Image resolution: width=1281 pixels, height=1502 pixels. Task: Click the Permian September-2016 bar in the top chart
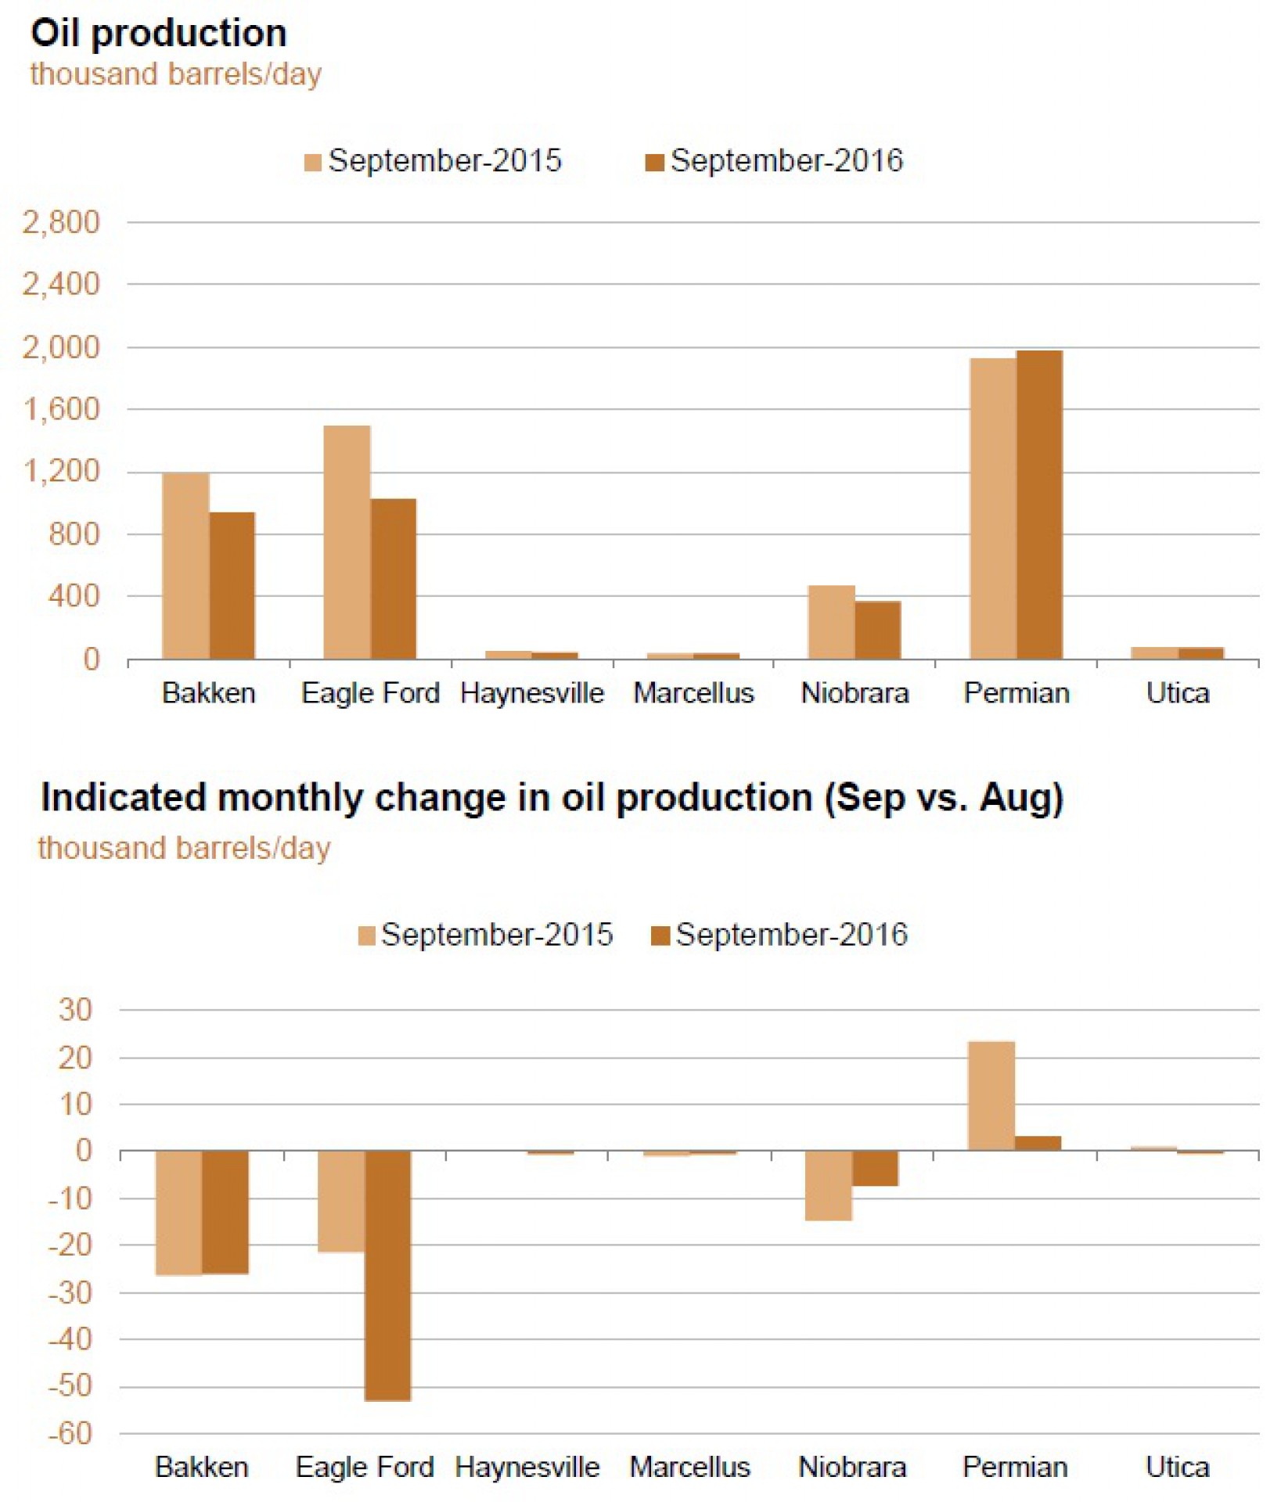[x=1039, y=505]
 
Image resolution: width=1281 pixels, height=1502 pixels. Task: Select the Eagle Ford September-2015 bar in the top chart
[x=347, y=542]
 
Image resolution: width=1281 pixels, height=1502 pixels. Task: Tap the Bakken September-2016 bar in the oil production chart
[x=232, y=585]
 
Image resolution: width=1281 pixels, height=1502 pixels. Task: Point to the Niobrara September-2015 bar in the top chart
[x=831, y=622]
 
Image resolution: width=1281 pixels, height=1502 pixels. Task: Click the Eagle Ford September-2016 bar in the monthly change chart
[x=388, y=1275]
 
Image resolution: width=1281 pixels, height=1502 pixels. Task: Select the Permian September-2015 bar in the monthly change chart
[x=991, y=1096]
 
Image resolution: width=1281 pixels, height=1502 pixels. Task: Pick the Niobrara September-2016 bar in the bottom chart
[x=876, y=1169]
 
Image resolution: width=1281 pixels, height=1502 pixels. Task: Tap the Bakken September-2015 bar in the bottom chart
[x=178, y=1213]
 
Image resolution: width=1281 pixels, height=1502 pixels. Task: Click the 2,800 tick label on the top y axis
[x=61, y=222]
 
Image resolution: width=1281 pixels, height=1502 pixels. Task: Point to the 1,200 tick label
[x=61, y=472]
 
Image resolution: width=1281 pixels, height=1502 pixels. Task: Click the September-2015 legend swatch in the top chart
[x=312, y=163]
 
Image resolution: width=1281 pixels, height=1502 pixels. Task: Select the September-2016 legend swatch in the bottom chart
[x=660, y=936]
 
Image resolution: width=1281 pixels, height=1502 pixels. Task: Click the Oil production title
[x=159, y=34]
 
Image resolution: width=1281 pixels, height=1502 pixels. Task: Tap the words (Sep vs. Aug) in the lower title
[x=944, y=798]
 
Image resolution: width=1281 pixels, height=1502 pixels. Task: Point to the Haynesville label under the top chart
[x=532, y=693]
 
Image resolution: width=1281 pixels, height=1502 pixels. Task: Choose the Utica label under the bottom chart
[x=1177, y=1467]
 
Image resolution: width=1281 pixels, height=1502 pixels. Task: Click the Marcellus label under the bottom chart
[x=689, y=1467]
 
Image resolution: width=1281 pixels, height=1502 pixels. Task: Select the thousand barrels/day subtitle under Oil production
[x=176, y=75]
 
